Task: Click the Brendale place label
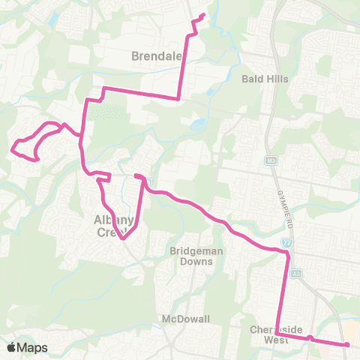pos(154,55)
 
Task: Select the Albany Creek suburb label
pos(114,226)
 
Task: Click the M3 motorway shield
pos(271,160)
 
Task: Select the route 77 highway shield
pos(287,244)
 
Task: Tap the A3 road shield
pos(297,274)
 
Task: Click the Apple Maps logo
pos(28,347)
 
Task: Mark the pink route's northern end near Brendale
pos(203,16)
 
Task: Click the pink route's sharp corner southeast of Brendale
pos(178,97)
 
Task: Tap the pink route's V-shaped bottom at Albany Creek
pos(124,239)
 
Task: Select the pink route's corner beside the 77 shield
pos(287,254)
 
